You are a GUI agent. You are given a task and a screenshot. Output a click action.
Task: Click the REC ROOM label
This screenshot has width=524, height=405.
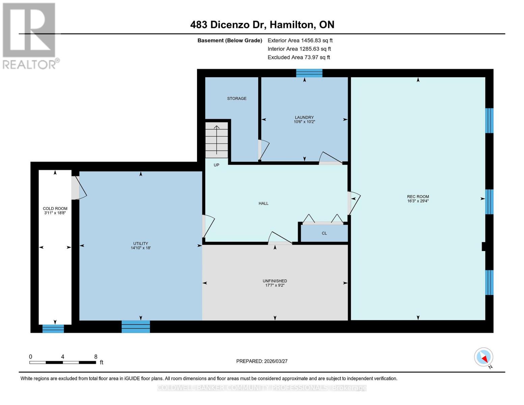[x=418, y=197]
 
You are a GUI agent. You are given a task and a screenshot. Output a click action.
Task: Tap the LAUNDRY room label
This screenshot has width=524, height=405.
[x=304, y=117]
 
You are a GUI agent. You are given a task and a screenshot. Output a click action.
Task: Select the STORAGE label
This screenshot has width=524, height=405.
[x=237, y=99]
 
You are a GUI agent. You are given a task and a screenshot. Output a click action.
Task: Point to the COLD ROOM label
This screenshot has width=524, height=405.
[x=55, y=209]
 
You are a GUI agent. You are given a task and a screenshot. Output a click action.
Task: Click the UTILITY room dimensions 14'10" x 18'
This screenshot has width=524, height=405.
[x=140, y=248]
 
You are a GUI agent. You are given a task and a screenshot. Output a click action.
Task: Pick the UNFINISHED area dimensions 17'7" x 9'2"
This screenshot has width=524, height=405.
[x=275, y=286]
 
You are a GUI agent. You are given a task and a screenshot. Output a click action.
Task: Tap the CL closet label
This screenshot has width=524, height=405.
[x=324, y=233]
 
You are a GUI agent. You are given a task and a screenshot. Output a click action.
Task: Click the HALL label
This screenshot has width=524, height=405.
[x=264, y=204]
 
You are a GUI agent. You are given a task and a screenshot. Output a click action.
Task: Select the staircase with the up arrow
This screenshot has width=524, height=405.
[x=217, y=140]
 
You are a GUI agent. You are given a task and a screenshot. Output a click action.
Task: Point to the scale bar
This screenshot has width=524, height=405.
[x=62, y=362]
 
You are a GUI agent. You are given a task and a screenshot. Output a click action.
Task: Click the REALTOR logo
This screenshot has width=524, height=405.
[x=30, y=36]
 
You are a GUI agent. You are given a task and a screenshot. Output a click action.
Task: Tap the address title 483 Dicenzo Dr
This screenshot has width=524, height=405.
[x=262, y=25]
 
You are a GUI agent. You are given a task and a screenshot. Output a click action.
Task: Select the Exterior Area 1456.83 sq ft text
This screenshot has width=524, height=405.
[x=300, y=40]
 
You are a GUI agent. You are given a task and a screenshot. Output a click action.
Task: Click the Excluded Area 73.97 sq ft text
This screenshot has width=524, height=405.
[x=299, y=57]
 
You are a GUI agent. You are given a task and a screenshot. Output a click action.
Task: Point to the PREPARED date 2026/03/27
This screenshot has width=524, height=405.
[x=262, y=361]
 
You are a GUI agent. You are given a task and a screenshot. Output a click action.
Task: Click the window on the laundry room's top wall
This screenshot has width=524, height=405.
[x=309, y=73]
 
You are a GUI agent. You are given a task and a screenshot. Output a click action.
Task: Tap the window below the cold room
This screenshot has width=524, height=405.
[x=53, y=328]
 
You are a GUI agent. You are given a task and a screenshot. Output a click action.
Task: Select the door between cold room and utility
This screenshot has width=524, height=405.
[x=78, y=188]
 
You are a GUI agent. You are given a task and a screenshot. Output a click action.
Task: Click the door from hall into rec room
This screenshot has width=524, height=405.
[x=353, y=202]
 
